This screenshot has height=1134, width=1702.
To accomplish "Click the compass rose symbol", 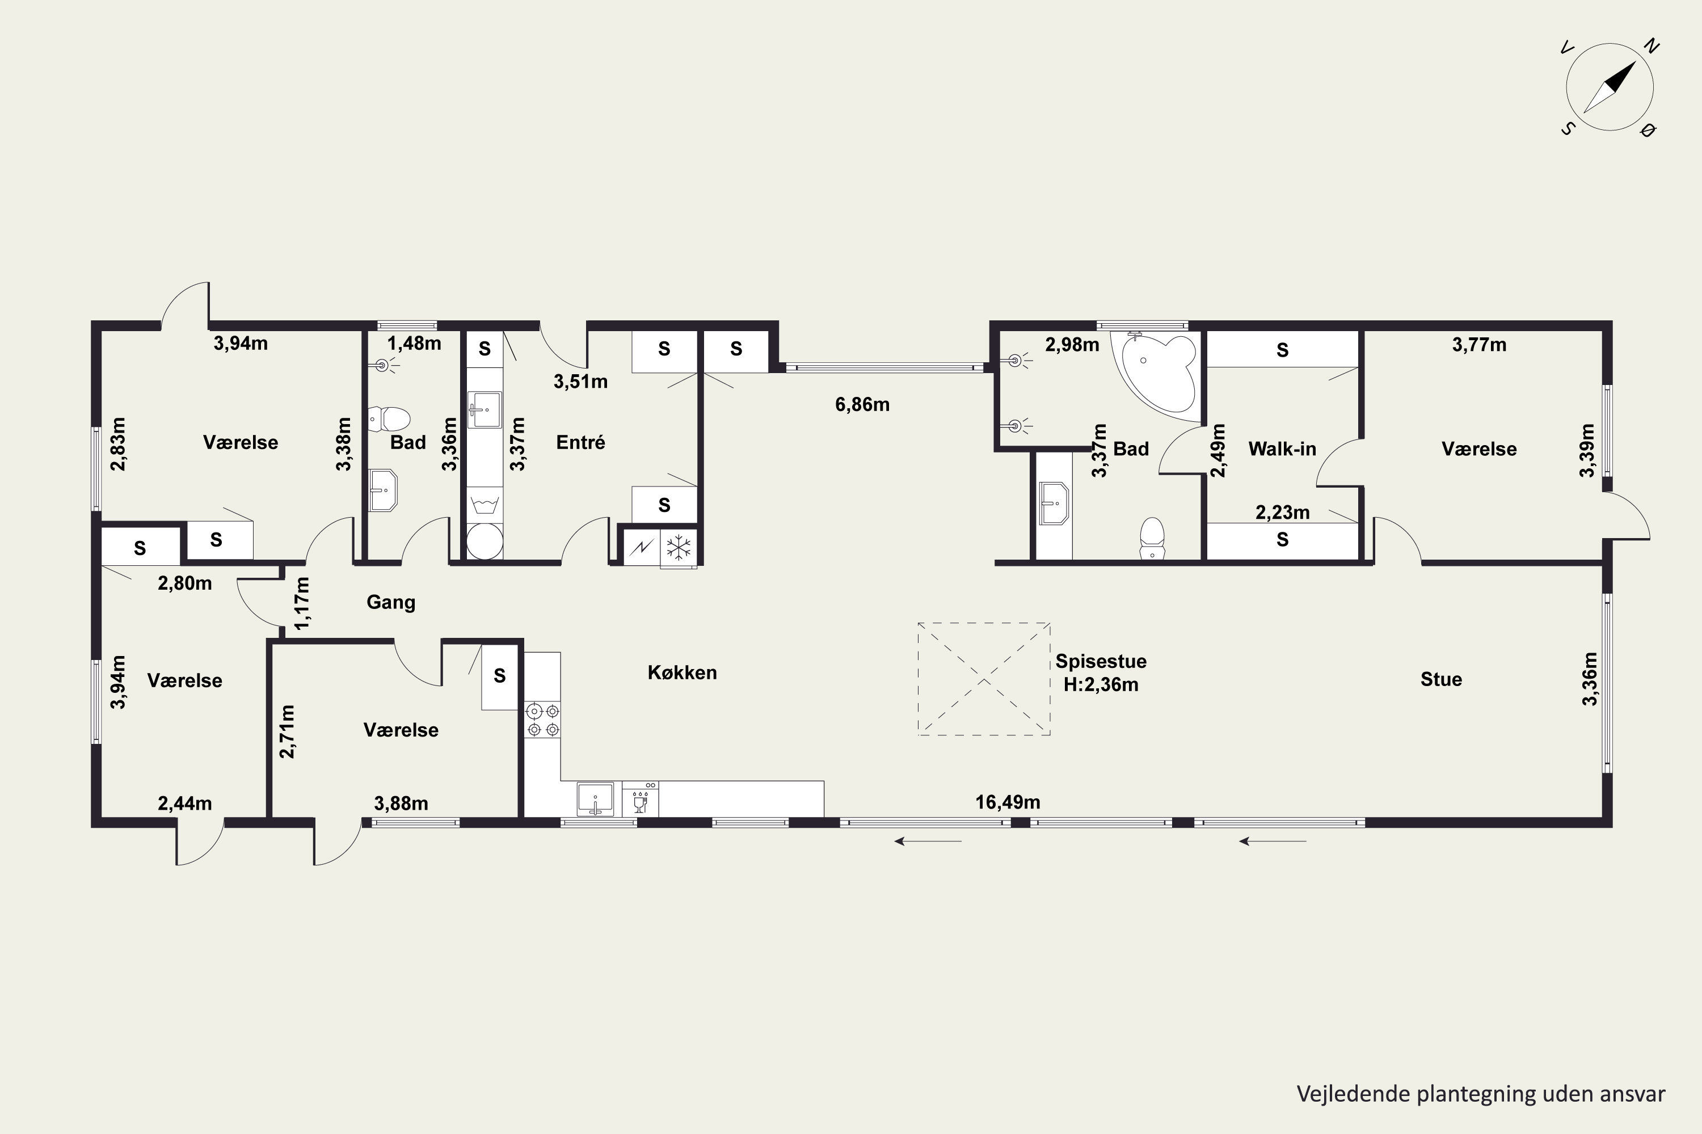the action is pyautogui.click(x=1610, y=87).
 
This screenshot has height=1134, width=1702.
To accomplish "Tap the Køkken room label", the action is pyautogui.click(x=682, y=672).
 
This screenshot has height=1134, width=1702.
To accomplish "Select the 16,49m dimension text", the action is pyautogui.click(x=1008, y=802).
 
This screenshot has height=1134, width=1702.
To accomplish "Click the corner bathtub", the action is pyautogui.click(x=1160, y=375).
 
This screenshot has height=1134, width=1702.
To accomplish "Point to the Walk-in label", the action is pyautogui.click(x=1282, y=449).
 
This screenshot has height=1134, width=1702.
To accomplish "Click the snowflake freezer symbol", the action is pyautogui.click(x=679, y=548).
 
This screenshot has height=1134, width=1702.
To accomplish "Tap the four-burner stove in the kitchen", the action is pyautogui.click(x=543, y=720).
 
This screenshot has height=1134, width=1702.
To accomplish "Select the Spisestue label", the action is pyautogui.click(x=1101, y=661).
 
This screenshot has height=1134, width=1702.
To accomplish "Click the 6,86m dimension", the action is pyautogui.click(x=862, y=404).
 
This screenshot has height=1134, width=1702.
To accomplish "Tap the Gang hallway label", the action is pyautogui.click(x=391, y=602).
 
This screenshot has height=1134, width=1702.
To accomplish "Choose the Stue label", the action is pyautogui.click(x=1441, y=679).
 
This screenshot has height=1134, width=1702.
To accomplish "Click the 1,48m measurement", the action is pyautogui.click(x=414, y=343).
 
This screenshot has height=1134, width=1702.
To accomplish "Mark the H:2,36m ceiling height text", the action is pyautogui.click(x=1101, y=684).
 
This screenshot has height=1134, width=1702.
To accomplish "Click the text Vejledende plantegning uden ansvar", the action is pyautogui.click(x=1481, y=1094).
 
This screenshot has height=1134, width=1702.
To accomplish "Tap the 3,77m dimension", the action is pyautogui.click(x=1479, y=344).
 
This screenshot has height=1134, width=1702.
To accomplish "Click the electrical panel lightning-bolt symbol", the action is pyautogui.click(x=642, y=548).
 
